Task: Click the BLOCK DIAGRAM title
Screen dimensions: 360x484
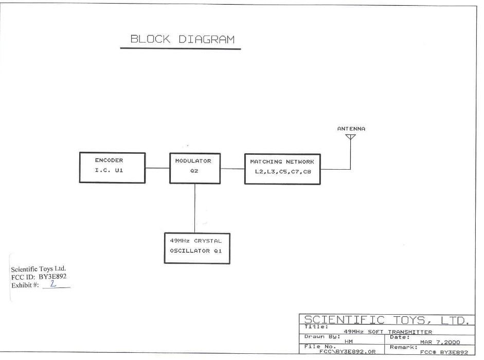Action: pyautogui.click(x=181, y=40)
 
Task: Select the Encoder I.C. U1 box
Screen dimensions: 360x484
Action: pyautogui.click(x=109, y=168)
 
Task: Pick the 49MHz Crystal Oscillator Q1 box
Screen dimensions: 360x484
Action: pyautogui.click(x=193, y=248)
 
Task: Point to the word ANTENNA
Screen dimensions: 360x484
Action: pyautogui.click(x=351, y=129)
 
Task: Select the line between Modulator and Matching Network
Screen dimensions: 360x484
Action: pyautogui.click(x=231, y=168)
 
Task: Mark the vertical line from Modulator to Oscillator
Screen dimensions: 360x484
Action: pyautogui.click(x=194, y=208)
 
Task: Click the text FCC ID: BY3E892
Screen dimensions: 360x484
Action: pyautogui.click(x=39, y=277)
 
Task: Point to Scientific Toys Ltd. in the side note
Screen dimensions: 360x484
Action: pyautogui.click(x=39, y=269)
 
